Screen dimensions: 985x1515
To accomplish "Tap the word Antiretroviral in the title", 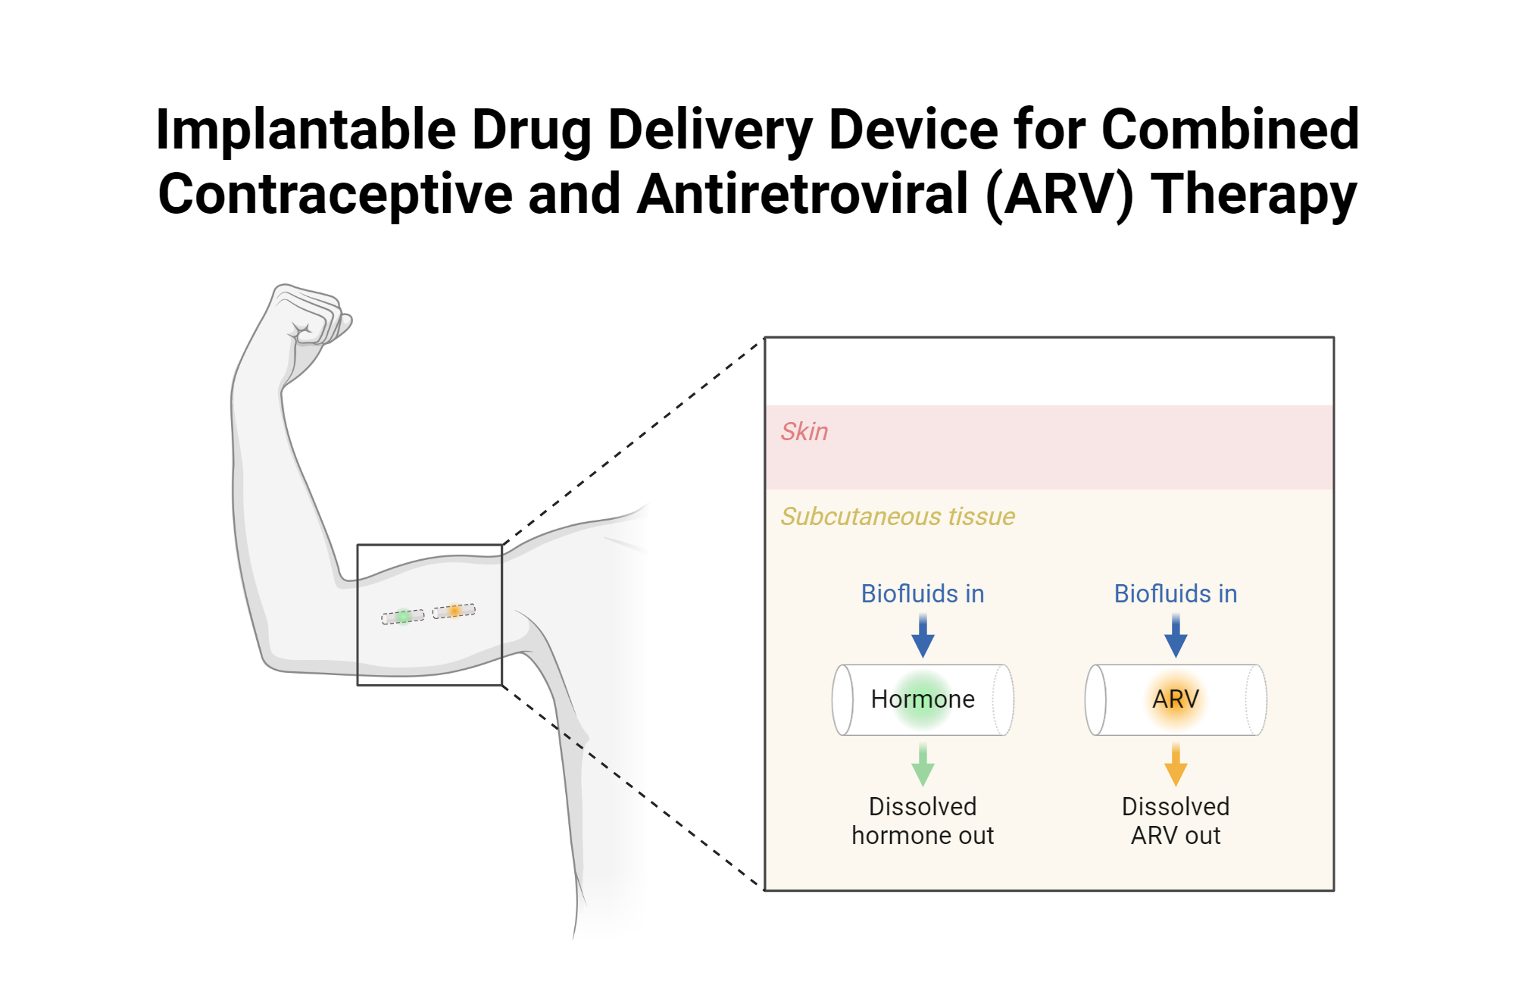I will (803, 195).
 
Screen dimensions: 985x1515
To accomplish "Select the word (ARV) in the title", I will (1060, 195).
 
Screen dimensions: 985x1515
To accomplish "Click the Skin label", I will (804, 432).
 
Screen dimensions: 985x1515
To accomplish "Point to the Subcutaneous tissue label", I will (898, 517).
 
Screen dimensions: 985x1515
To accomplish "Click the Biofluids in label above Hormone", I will (923, 594).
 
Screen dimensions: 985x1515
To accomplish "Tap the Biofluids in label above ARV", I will (1176, 594).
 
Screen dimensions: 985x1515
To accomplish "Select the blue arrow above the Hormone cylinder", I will (923, 636).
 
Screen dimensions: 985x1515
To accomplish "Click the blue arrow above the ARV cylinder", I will (1176, 636).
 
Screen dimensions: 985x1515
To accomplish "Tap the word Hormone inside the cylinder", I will (923, 699).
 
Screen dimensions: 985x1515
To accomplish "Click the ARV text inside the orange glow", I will (1176, 699).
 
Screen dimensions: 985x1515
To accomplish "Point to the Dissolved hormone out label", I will (923, 821).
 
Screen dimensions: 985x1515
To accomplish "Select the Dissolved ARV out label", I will (1176, 821).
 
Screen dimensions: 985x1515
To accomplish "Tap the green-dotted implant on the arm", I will (403, 617).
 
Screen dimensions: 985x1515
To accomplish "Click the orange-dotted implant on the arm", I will (454, 611).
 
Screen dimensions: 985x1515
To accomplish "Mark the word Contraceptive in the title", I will (336, 195).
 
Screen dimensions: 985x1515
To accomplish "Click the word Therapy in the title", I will (1254, 195).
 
